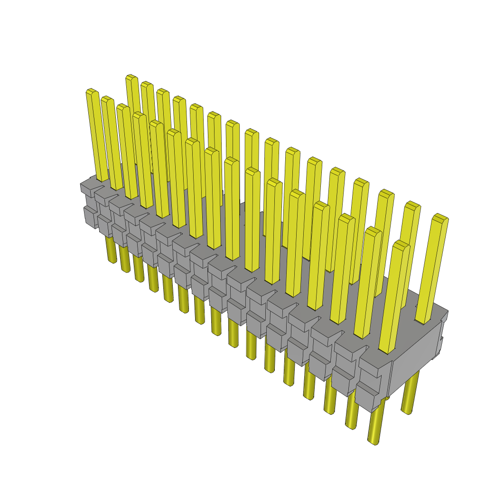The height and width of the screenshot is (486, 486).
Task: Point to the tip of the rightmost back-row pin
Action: (x=440, y=218)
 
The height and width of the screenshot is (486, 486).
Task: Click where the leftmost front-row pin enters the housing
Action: (x=102, y=178)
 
